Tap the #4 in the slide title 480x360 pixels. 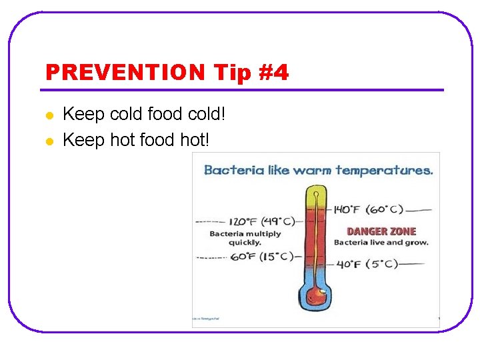[x=271, y=72]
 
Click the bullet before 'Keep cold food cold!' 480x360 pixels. [x=49, y=115]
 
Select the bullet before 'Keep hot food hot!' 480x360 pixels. [x=49, y=141]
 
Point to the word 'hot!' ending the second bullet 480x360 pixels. [x=195, y=140]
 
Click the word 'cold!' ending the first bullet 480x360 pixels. [x=207, y=115]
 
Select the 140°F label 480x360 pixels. [x=346, y=209]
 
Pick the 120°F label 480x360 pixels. [x=243, y=221]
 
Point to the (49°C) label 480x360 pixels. [x=277, y=221]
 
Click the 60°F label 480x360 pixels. [x=243, y=256]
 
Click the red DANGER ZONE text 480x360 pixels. [x=381, y=231]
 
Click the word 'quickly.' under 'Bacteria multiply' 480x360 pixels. [x=245, y=242]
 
